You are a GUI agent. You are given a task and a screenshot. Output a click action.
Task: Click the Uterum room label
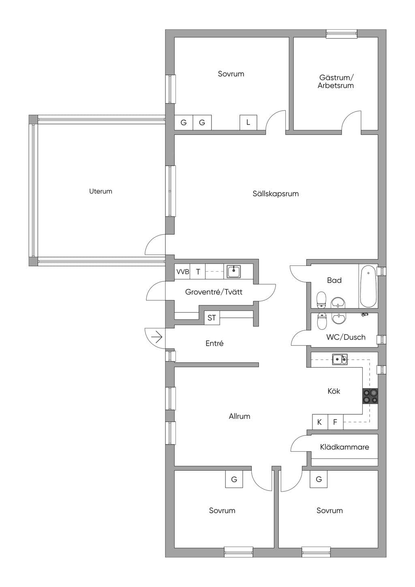[x=101, y=191]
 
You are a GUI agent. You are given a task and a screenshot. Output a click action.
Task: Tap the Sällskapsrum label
[x=276, y=194]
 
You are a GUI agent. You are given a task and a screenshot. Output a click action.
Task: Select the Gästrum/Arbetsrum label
[x=336, y=81]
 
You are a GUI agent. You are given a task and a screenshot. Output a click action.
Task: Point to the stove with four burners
[x=370, y=396]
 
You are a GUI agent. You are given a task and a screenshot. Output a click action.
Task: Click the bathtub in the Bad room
[x=368, y=286]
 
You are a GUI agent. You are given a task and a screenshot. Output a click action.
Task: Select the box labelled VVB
[x=182, y=272]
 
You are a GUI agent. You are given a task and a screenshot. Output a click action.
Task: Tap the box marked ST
[x=212, y=318]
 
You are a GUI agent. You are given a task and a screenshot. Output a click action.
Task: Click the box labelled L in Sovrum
[x=248, y=122]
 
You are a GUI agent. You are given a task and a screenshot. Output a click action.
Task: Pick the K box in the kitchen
[x=320, y=422]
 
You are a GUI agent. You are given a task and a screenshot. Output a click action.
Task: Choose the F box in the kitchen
[x=335, y=422]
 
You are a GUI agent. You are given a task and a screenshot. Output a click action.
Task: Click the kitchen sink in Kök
[x=340, y=359]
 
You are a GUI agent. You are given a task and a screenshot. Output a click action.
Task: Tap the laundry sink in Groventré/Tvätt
[x=234, y=272]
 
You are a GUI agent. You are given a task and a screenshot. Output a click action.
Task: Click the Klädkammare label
[x=344, y=447]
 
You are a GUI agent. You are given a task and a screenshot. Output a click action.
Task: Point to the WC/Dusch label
[x=346, y=337]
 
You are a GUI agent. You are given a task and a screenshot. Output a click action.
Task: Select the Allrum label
[x=240, y=416]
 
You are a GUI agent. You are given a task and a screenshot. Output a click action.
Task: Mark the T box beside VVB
[x=198, y=272]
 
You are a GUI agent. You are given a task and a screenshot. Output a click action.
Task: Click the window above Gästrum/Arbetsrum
[x=342, y=33]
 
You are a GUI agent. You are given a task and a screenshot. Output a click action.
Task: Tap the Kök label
[x=334, y=391]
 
